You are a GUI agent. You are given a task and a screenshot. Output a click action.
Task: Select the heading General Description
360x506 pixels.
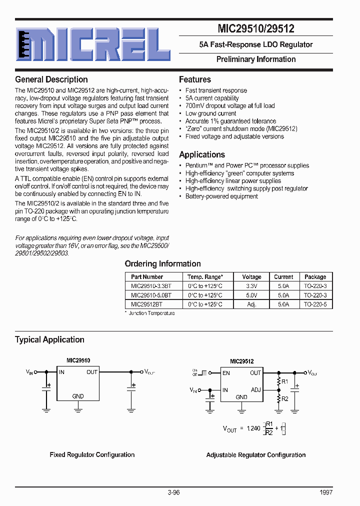tap(51, 79)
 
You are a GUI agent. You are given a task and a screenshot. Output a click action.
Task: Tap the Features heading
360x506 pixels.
tap(195, 79)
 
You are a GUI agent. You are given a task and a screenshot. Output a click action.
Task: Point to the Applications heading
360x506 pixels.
tap(202, 154)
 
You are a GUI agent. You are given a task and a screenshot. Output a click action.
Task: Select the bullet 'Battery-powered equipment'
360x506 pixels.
tap(221, 196)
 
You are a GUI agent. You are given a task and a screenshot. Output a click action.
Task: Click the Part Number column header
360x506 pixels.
tap(147, 276)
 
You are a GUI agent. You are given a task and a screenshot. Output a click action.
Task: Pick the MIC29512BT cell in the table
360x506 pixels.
tap(146, 304)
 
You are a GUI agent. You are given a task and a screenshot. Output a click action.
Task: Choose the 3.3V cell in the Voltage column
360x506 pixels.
tap(251, 286)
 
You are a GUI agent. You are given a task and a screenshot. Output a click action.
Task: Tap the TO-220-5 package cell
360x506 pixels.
tap(315, 304)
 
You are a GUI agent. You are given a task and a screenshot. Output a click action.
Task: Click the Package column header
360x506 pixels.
tap(315, 276)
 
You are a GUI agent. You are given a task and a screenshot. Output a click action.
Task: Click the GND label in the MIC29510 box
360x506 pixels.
tap(78, 396)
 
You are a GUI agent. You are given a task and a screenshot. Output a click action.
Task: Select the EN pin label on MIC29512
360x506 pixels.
tap(226, 373)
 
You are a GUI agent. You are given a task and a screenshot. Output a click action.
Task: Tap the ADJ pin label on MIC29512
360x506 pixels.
tap(255, 390)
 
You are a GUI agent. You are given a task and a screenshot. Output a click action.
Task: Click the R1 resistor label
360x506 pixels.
tap(285, 381)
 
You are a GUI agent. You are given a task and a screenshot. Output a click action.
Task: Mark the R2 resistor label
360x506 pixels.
tap(285, 398)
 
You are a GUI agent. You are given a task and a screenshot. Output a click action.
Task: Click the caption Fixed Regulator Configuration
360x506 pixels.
tap(92, 454)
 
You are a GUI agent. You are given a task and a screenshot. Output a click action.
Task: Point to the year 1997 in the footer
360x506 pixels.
tap(325, 492)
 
